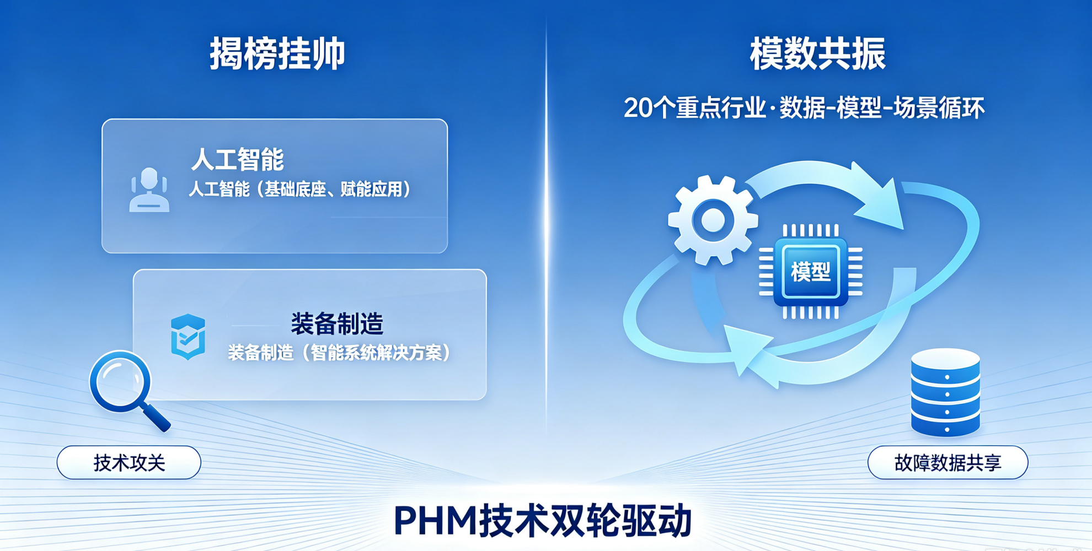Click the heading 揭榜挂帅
coord(277,53)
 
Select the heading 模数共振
coord(817,53)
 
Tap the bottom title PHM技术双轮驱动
coord(543,520)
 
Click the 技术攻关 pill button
coord(129,462)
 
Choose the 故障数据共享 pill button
coord(948,462)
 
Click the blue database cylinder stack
coord(945,392)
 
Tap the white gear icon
coord(713,220)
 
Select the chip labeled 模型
coord(811,271)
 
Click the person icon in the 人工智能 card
coord(149,190)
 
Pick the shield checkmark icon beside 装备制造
coord(188,337)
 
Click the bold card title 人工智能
coord(238,160)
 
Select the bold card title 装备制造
coord(337,323)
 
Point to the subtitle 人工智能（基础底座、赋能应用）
coord(301,190)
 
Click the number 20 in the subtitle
coord(639,108)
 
